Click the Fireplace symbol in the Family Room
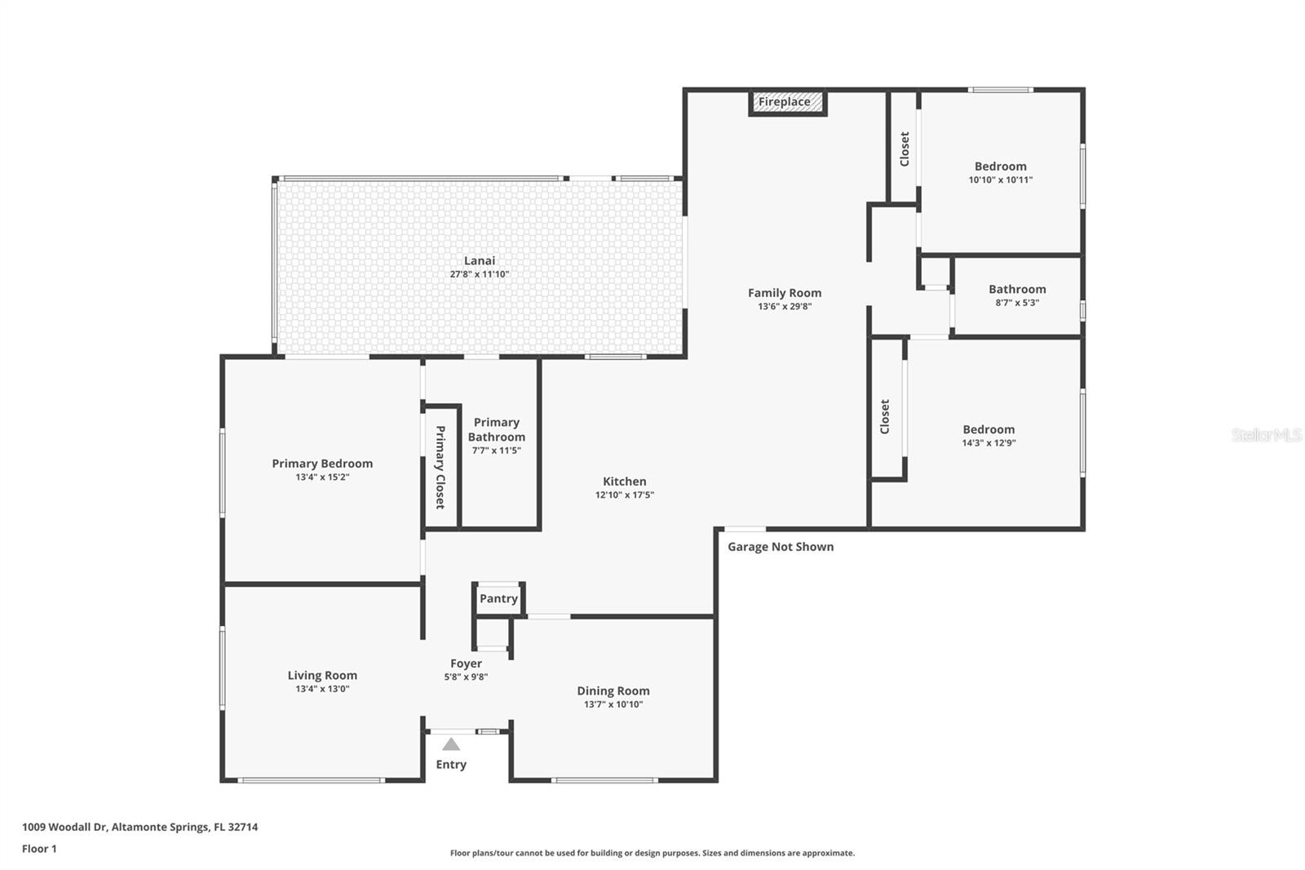click(787, 103)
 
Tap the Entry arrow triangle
click(451, 744)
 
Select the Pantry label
click(498, 598)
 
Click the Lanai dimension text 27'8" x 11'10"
click(480, 274)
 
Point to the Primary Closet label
click(440, 467)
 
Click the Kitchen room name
click(625, 482)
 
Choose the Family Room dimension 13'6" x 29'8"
click(785, 307)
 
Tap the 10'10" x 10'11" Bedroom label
click(1001, 166)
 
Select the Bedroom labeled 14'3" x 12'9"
click(989, 429)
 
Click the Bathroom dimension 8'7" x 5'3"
click(1017, 303)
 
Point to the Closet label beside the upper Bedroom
click(904, 149)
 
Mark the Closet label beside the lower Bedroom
click(885, 416)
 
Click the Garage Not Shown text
click(781, 547)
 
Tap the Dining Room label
click(613, 690)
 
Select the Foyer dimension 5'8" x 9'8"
click(466, 677)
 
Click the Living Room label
click(322, 675)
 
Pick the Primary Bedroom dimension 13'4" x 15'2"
click(322, 477)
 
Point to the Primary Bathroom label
click(496, 429)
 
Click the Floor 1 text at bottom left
click(39, 849)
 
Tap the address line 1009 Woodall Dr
click(139, 827)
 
